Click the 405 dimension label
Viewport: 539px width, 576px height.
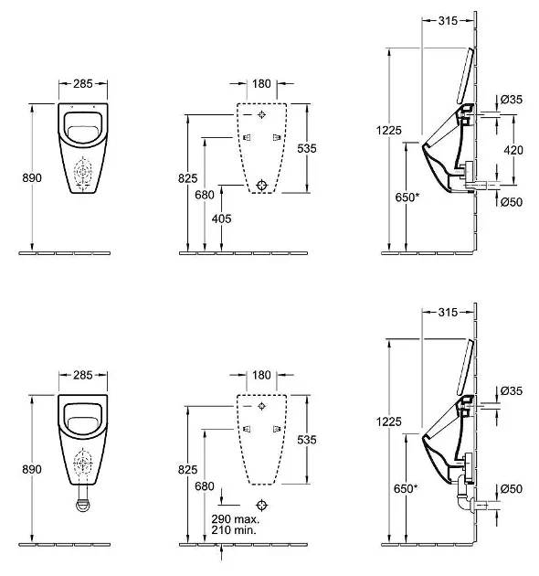coord(221,219)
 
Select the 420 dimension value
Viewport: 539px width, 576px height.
coord(513,150)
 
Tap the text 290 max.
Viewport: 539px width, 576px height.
coord(236,519)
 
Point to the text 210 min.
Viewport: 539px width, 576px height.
coord(234,529)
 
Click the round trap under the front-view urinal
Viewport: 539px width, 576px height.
coord(84,505)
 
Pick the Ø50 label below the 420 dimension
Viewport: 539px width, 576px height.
coord(512,202)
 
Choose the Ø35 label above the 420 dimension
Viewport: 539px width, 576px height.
coord(512,99)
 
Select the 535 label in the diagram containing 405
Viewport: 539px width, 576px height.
coord(307,148)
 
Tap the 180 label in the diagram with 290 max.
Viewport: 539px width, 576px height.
coord(261,375)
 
